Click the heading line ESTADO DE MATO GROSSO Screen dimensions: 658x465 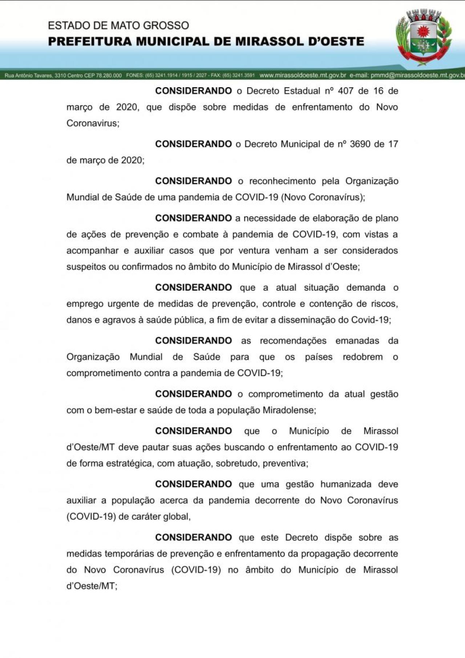[118, 25]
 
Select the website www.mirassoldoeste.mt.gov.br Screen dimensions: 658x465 [303, 75]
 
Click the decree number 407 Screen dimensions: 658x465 [345, 91]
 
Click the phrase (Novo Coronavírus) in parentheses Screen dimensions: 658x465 [322, 197]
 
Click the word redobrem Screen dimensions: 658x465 [363, 357]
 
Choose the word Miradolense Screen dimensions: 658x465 [288, 410]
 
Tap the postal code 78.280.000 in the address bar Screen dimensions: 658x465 [108, 76]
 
